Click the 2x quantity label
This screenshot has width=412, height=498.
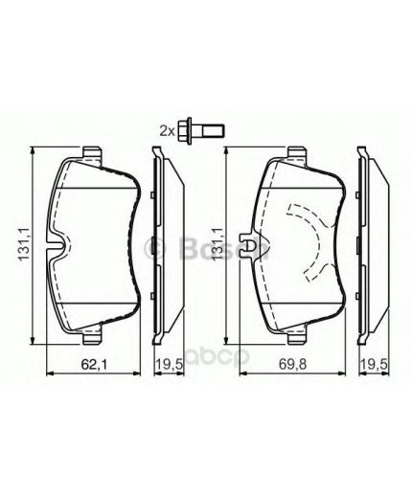166,130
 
